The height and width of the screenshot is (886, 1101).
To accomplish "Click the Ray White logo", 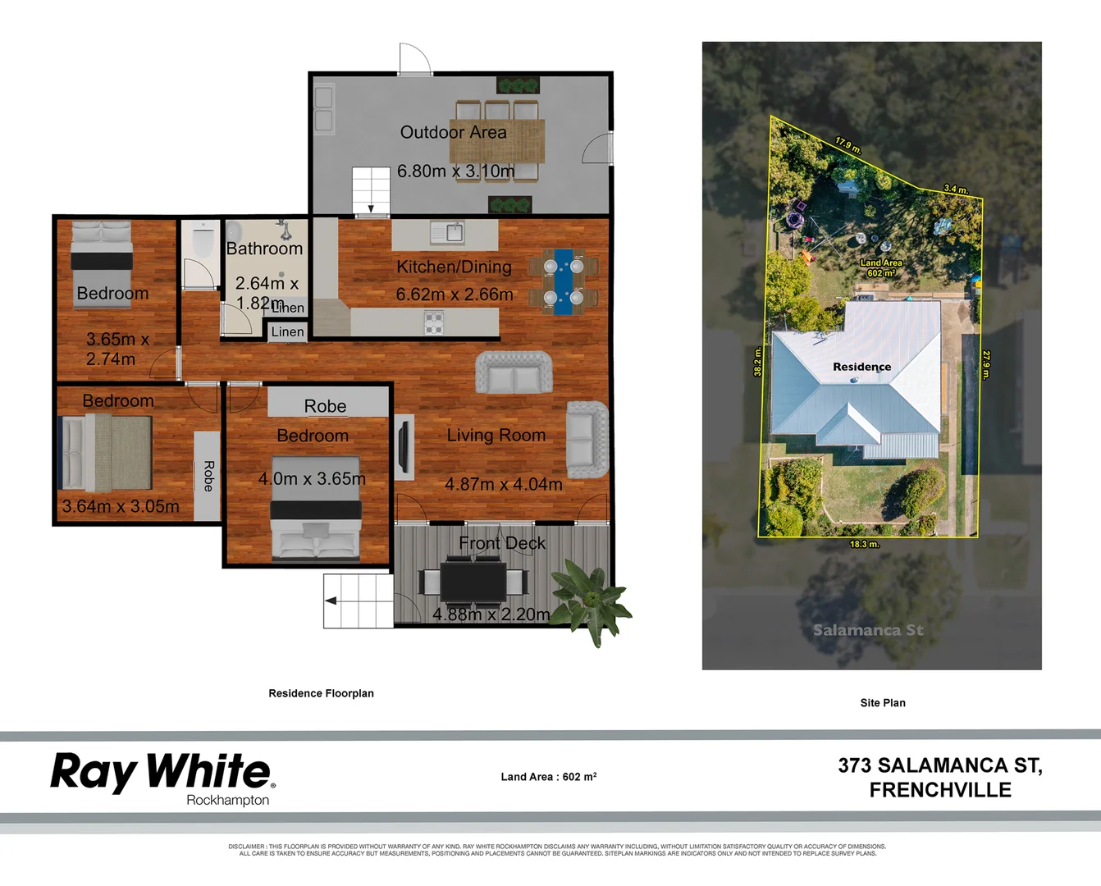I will coord(162,775).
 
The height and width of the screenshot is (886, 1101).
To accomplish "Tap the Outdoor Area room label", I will coord(453,132).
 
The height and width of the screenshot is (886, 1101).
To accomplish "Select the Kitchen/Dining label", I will coord(454,267).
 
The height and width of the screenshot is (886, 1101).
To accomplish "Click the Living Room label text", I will coord(496,436).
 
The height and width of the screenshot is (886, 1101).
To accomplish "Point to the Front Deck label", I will coord(502,543).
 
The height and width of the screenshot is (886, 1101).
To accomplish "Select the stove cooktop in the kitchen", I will coord(434,322).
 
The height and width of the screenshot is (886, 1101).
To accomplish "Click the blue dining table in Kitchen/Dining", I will coord(563,281).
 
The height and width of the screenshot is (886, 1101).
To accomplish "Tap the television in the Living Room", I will coord(403,447).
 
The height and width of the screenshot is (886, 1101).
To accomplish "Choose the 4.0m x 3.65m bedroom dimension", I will coord(312,478).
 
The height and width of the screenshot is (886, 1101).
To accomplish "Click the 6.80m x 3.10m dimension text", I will coord(455,171).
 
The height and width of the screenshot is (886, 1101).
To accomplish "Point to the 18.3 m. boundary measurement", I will coord(864,544).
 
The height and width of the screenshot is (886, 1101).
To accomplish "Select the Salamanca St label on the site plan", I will coord(868,630).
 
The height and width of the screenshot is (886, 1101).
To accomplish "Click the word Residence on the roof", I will coord(861,367).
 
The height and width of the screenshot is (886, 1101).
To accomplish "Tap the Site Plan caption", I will coord(883,703).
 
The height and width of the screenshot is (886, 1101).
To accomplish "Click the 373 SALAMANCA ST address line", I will coord(939,765).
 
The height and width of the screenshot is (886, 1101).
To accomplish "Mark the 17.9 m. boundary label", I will coord(848,146).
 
